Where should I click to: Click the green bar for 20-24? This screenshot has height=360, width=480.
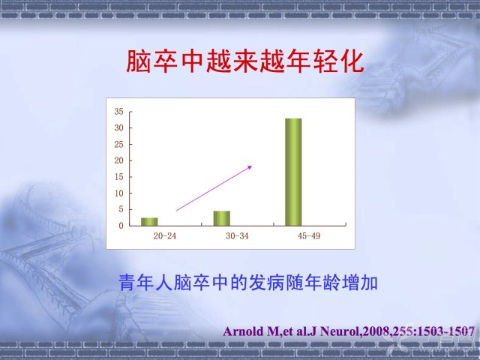(x=149, y=222)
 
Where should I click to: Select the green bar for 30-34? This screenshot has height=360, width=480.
(x=222, y=218)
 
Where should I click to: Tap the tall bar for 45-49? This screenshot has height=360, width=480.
(x=293, y=172)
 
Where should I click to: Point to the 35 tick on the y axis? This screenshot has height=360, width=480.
(x=119, y=112)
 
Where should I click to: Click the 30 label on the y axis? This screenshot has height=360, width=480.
(x=119, y=127)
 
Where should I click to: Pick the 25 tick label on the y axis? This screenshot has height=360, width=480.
(x=119, y=144)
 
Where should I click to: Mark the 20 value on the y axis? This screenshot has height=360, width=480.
(x=119, y=160)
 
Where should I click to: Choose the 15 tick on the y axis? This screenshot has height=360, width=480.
(x=119, y=177)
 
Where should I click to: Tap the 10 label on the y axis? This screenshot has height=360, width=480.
(x=119, y=193)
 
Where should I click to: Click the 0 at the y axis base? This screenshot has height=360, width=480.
(x=121, y=226)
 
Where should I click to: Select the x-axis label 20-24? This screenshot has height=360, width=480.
(x=165, y=236)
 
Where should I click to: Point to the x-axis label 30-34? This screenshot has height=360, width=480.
(x=237, y=236)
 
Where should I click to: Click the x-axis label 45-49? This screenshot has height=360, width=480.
(x=309, y=236)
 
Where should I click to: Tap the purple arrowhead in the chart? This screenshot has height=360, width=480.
(x=250, y=167)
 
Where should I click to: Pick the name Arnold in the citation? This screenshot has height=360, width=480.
(x=243, y=331)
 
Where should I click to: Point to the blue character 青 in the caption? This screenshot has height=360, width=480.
(x=127, y=283)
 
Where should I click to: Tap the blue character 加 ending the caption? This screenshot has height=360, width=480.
(x=370, y=283)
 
